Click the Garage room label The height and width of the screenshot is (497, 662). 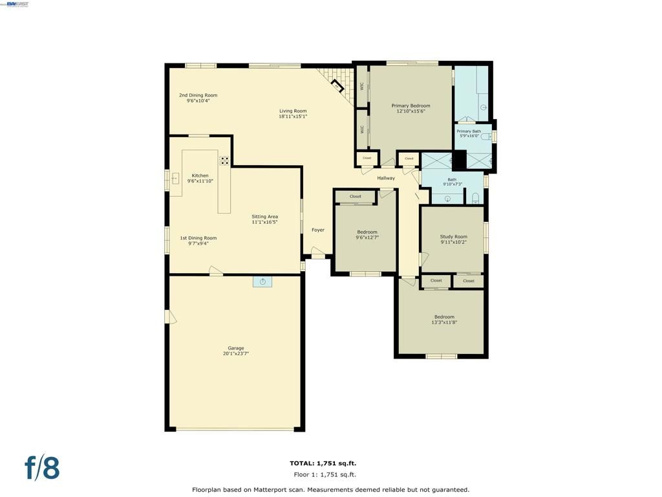235,348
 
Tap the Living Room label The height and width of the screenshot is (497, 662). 292,111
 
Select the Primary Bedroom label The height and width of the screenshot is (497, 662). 411,105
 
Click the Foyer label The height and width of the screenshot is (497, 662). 318,230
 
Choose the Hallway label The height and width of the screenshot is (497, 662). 386,178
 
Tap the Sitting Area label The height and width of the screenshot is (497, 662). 264,216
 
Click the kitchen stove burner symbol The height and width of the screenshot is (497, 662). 224,160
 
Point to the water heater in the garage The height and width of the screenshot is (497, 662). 262,281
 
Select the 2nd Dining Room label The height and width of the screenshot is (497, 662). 198,95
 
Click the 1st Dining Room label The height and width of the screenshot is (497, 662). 198,238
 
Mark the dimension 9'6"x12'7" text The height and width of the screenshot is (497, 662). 367,237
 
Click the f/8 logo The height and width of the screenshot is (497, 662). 42,467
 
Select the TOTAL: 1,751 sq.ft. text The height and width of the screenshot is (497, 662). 323,463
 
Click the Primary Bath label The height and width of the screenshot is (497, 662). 469,131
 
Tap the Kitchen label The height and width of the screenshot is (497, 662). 200,175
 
